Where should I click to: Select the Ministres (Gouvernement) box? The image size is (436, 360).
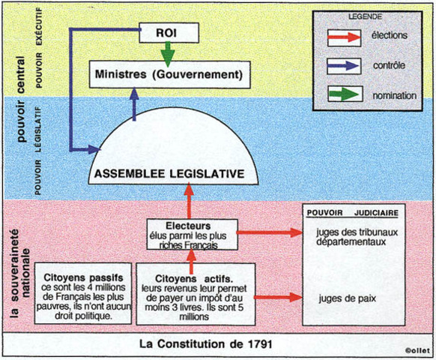pyautogui.click(x=169, y=75)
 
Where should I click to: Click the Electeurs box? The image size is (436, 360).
pyautogui.click(x=190, y=233)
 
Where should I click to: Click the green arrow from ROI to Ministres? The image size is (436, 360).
pyautogui.click(x=169, y=52)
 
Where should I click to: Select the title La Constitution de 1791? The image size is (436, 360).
pyautogui.click(x=205, y=344)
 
